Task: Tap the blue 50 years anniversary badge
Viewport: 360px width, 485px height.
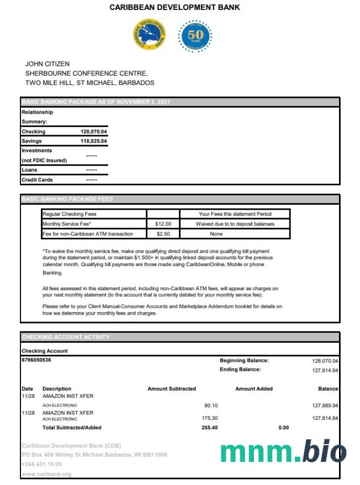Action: point(195,36)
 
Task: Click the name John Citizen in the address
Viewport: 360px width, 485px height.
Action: point(47,64)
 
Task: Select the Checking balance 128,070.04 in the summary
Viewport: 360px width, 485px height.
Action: point(93,132)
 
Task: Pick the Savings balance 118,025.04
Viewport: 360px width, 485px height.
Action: point(93,141)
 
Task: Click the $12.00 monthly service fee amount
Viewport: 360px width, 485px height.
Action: point(163,224)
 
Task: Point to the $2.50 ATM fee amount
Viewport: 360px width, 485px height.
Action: point(163,234)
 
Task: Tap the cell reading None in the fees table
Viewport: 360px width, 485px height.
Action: point(216,234)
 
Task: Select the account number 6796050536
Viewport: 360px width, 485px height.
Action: point(36,360)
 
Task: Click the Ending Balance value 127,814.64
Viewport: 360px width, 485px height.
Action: point(325,370)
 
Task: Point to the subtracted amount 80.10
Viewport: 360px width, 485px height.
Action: point(211,405)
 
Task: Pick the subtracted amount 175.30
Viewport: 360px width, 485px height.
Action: point(210,418)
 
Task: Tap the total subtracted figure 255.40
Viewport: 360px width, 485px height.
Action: point(210,428)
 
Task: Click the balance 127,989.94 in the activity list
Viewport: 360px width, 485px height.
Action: point(325,405)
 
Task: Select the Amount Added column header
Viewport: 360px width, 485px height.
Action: point(254,388)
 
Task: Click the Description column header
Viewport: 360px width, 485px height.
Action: point(57,388)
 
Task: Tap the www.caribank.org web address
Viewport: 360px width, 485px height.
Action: point(46,474)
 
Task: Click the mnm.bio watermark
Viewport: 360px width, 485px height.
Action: point(283,452)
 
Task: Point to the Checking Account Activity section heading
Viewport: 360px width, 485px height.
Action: point(66,337)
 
